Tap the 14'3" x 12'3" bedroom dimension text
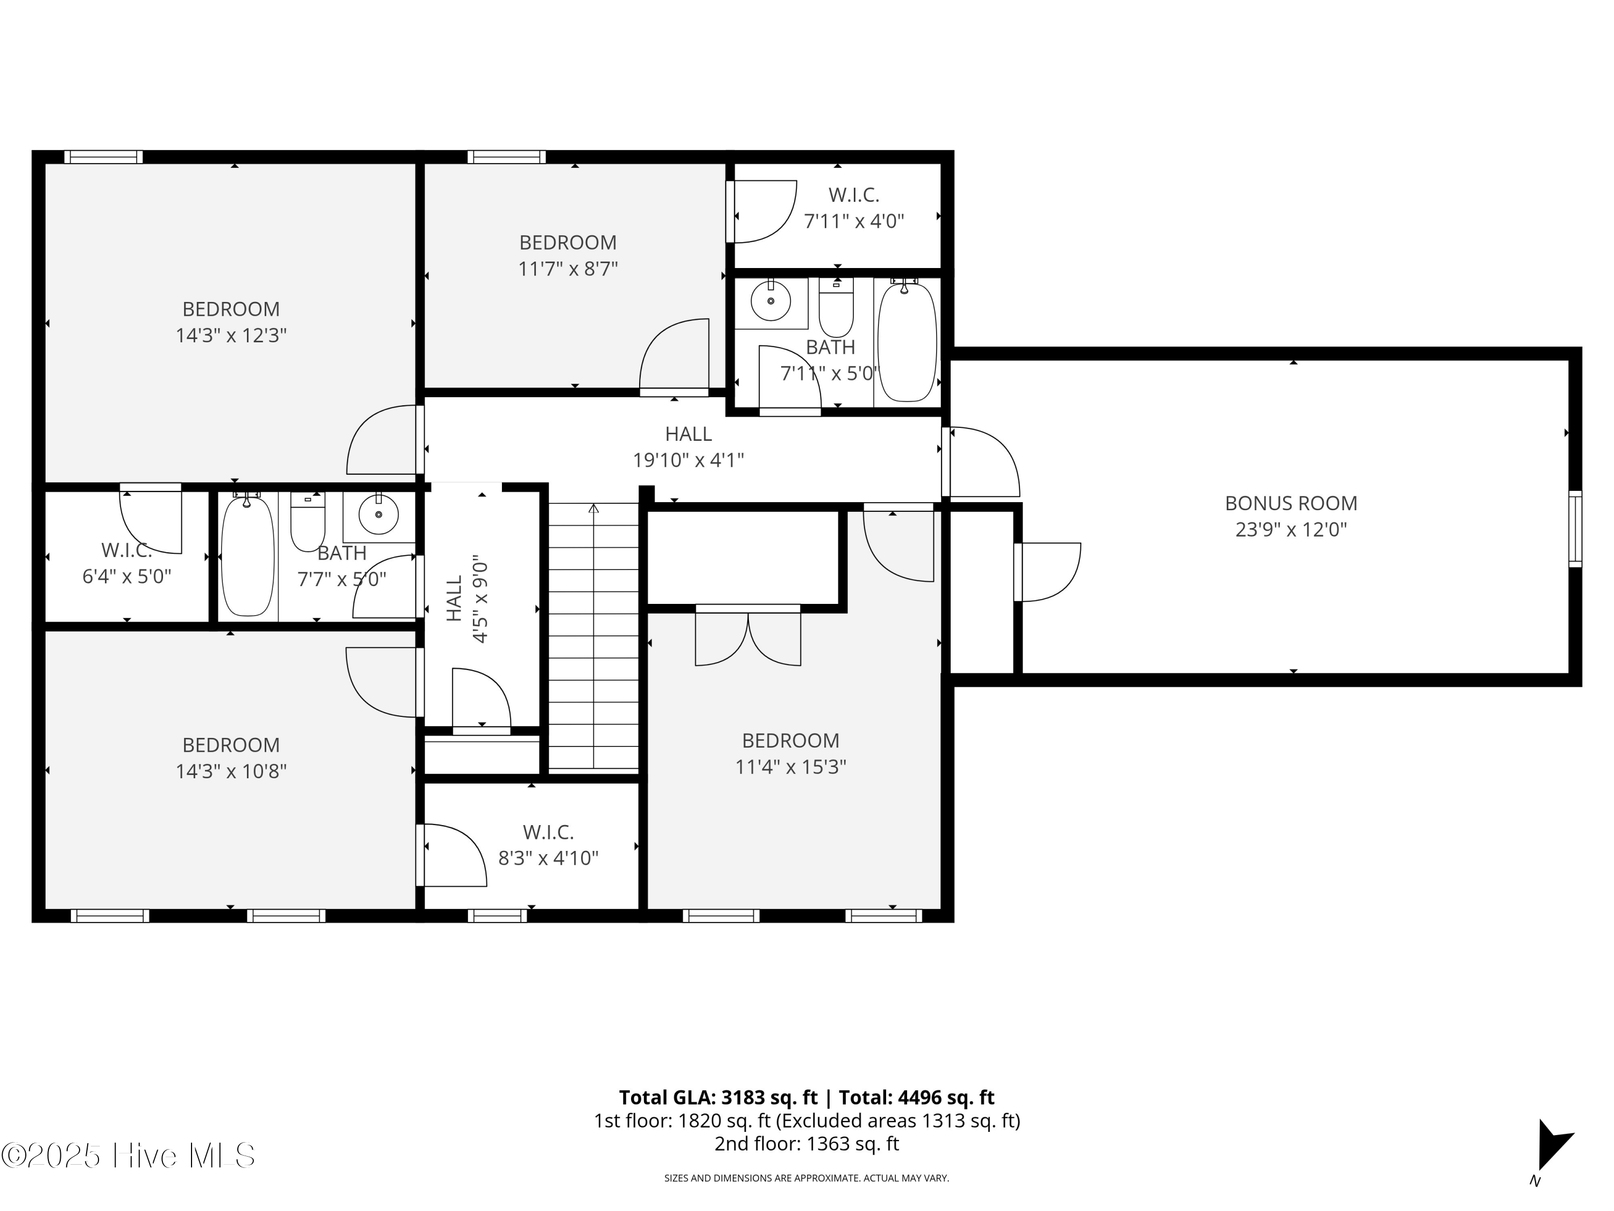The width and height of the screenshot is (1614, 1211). pyautogui.click(x=231, y=336)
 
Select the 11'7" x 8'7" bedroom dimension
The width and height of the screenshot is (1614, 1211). pyautogui.click(x=568, y=269)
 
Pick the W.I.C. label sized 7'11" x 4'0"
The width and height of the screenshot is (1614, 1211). pyautogui.click(x=854, y=195)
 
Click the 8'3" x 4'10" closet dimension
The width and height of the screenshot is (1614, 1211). pyautogui.click(x=549, y=858)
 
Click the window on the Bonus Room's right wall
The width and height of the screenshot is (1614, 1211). pyautogui.click(x=1575, y=529)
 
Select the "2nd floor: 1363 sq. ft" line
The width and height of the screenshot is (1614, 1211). pyautogui.click(x=806, y=1144)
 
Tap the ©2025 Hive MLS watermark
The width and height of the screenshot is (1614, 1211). pyautogui.click(x=129, y=1156)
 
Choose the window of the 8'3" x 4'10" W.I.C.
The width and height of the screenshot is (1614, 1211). pyautogui.click(x=497, y=916)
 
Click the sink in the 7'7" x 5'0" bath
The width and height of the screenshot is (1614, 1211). pyautogui.click(x=379, y=514)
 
